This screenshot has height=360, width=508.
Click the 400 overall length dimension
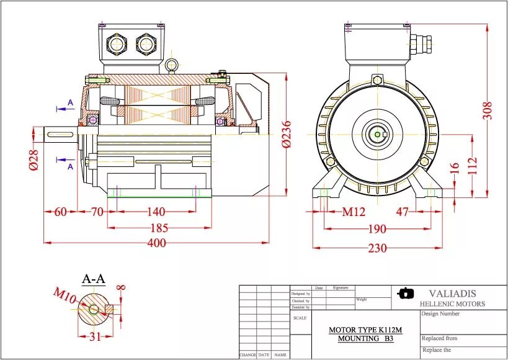(156, 243)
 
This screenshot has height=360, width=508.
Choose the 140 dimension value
(156, 212)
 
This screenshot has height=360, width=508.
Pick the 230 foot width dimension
(377, 248)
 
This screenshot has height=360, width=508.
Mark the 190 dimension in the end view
(377, 229)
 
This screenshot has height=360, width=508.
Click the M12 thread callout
(354, 212)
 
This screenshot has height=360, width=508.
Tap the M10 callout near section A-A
(65, 295)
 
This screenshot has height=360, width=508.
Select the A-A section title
(94, 279)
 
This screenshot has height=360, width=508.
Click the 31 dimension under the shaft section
(95, 337)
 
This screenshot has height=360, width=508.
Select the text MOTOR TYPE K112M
(361, 330)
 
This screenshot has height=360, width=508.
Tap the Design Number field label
(441, 314)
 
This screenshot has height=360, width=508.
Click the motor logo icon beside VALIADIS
(406, 293)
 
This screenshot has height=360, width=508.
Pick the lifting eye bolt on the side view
(172, 65)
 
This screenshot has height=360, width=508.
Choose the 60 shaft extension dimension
(60, 212)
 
